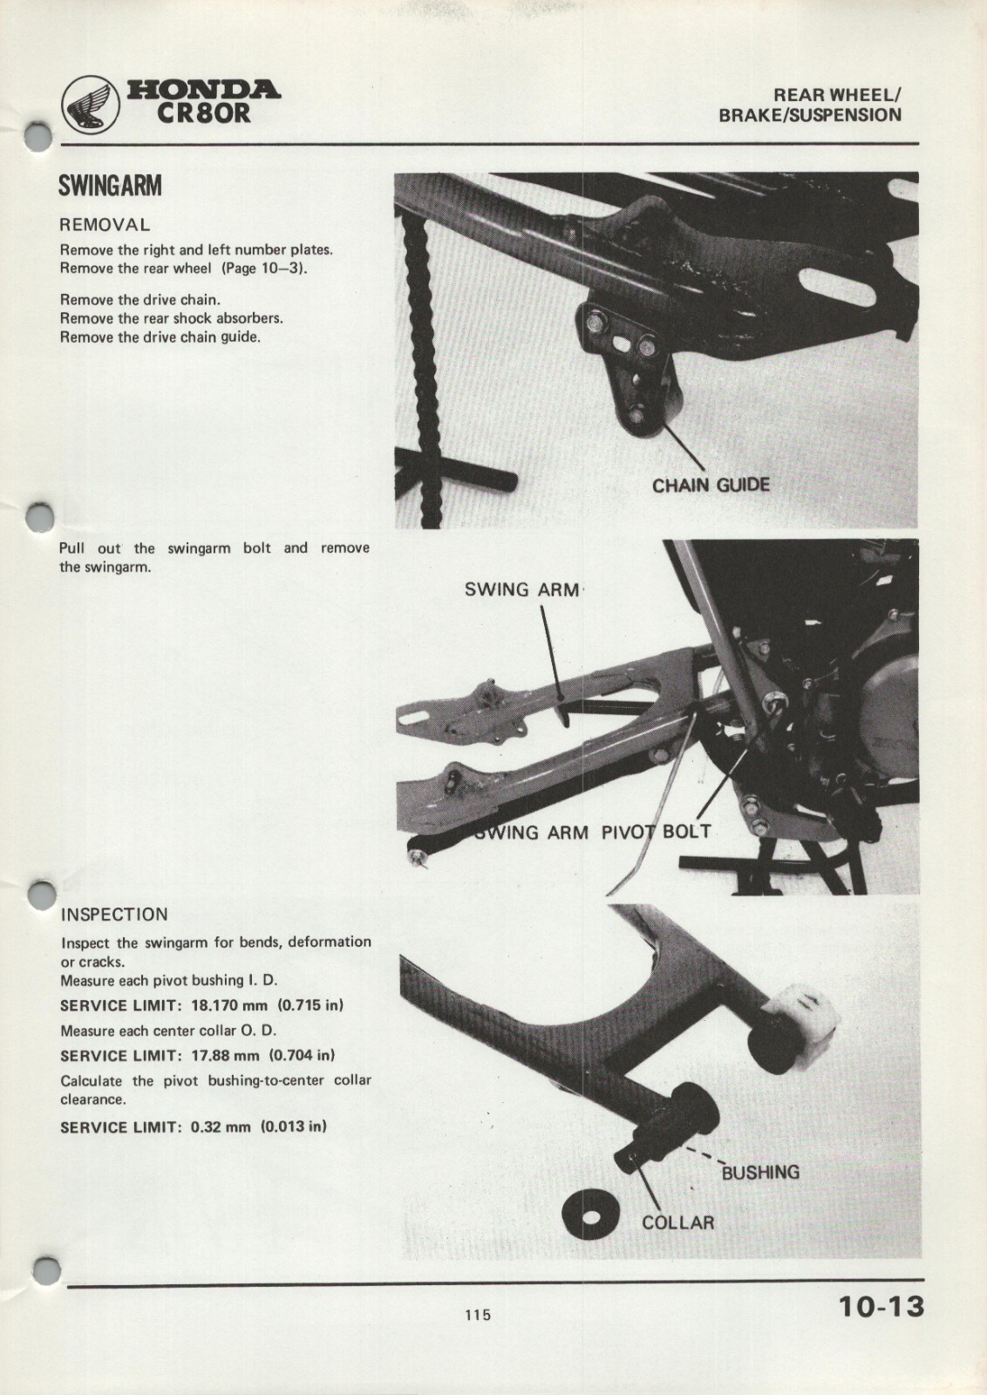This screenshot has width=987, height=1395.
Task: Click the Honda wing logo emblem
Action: click(x=90, y=106)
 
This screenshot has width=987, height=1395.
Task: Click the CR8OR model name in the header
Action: click(x=203, y=113)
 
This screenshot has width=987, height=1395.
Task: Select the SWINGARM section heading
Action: click(x=110, y=187)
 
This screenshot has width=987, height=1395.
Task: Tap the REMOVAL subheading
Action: click(x=105, y=225)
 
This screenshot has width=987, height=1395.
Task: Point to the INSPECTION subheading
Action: click(x=114, y=915)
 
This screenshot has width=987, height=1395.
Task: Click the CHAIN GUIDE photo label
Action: click(x=711, y=486)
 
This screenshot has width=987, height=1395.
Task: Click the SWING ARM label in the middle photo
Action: click(x=521, y=589)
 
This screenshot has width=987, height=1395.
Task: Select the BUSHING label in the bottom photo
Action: click(x=760, y=1173)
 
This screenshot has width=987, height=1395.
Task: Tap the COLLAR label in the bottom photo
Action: click(x=677, y=1222)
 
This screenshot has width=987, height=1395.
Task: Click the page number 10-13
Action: click(x=881, y=1308)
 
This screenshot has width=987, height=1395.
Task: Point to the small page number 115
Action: click(x=477, y=1315)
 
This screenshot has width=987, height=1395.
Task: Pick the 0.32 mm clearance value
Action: click(x=221, y=1126)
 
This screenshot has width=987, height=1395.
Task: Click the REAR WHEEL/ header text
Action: click(x=837, y=95)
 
